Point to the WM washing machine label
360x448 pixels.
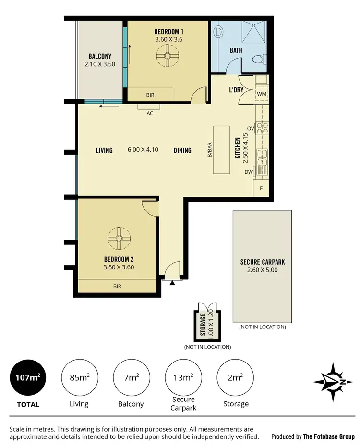pos(262,93)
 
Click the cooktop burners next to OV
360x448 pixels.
pos(262,128)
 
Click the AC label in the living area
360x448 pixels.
pos(150,114)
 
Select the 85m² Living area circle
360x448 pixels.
pos(79,377)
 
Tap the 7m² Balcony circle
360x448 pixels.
pos(131,377)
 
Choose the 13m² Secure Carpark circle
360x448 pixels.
pos(183,377)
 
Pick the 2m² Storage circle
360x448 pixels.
pos(235,377)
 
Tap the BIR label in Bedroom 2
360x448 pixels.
pos(117,286)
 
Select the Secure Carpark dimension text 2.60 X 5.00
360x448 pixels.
pos(263,270)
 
